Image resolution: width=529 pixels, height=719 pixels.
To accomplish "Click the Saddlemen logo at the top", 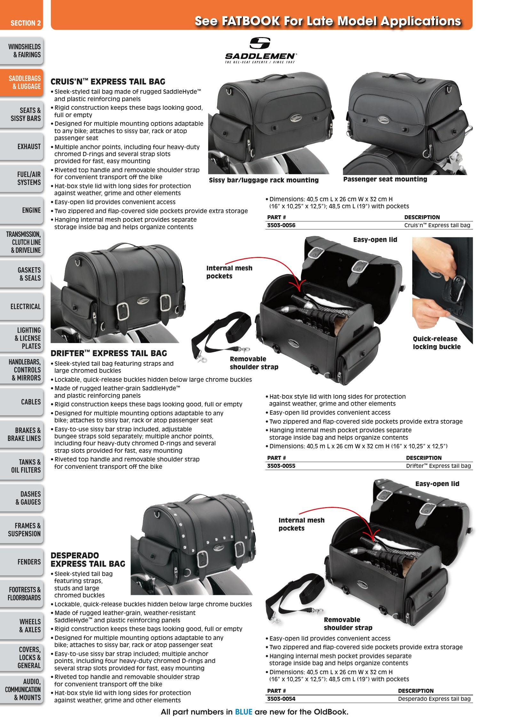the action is [260, 50].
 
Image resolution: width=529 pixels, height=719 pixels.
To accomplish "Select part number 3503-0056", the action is [281, 225].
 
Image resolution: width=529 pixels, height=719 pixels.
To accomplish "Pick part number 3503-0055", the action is [281, 466].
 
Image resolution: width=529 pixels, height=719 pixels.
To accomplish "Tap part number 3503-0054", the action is [281, 699].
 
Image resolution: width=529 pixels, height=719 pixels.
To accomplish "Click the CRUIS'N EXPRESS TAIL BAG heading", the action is [108, 82].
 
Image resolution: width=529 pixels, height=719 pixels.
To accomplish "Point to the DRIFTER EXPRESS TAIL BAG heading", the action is [109, 353].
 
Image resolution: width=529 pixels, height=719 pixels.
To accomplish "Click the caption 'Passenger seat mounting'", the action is [385, 179].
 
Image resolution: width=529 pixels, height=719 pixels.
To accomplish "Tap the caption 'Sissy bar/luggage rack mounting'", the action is [264, 180].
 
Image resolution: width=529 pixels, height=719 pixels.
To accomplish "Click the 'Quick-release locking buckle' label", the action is [437, 342].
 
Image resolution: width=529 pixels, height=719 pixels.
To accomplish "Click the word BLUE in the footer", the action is [244, 712].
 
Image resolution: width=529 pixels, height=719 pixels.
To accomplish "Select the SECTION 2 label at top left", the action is [26, 23].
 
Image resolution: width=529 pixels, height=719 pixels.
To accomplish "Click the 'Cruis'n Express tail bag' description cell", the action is [437, 225].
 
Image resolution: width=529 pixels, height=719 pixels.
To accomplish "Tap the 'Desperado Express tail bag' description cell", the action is [434, 699].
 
